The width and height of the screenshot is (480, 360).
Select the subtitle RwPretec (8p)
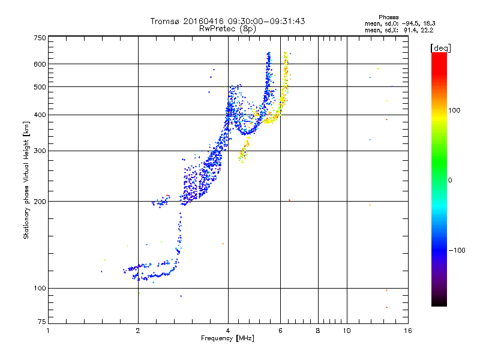(x=228, y=28)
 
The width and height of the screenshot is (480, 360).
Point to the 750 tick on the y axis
(x=40, y=38)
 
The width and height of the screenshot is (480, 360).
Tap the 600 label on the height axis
(x=40, y=64)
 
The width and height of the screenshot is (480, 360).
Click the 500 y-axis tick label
(x=40, y=87)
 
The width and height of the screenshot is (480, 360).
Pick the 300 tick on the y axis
(x=40, y=151)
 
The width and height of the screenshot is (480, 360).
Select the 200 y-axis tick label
(x=40, y=202)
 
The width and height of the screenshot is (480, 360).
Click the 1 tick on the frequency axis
(x=48, y=331)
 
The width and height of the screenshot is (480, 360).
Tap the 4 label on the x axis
(x=228, y=331)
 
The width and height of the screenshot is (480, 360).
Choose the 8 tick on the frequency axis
(x=318, y=331)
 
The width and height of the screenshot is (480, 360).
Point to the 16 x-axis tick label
(x=407, y=331)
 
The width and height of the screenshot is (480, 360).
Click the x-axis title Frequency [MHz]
(x=227, y=338)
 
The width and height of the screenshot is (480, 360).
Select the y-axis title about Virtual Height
(x=26, y=181)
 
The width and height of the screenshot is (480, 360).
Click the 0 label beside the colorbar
(x=451, y=180)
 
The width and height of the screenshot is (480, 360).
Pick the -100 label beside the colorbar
(x=456, y=250)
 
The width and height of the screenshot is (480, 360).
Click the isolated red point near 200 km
(x=289, y=200)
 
